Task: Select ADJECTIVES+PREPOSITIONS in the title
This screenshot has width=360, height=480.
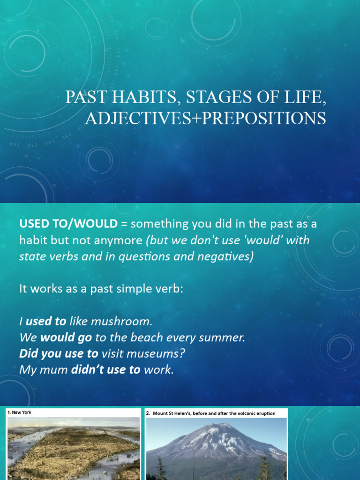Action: tap(205, 118)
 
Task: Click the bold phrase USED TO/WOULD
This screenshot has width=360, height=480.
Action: tap(68, 224)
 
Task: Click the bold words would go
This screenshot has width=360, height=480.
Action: tap(66, 337)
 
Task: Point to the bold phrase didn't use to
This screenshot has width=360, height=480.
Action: tap(105, 369)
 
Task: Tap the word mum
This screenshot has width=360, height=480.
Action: tap(53, 370)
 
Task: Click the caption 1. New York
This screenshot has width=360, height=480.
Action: tap(19, 412)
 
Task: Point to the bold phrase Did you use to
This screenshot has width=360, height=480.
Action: tap(59, 353)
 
